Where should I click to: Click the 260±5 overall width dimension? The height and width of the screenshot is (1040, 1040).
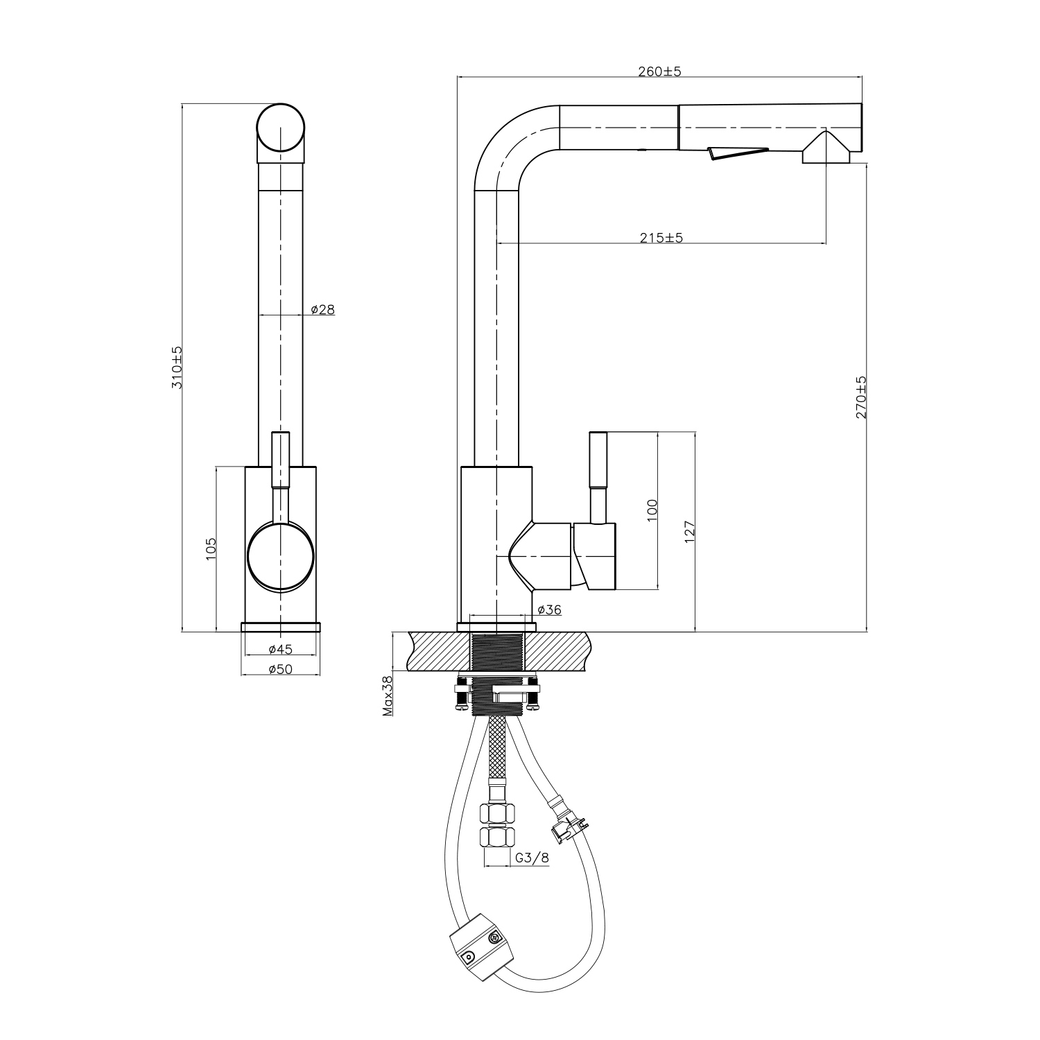pos(659,71)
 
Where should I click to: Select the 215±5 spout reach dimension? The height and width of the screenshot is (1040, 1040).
pos(661,238)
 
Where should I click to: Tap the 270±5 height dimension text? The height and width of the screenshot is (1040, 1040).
pos(861,398)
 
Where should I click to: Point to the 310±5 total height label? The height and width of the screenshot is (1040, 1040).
pos(177,367)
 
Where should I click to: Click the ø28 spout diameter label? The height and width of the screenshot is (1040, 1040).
pos(322,310)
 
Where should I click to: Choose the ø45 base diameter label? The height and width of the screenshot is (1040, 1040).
pos(281,650)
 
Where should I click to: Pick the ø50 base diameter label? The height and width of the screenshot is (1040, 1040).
pos(281,668)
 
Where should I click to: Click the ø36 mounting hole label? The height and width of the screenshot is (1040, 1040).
pos(549,610)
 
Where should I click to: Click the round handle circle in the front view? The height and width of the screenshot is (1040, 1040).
pos(281,557)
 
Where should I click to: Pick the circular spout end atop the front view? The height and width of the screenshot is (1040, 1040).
pos(281,128)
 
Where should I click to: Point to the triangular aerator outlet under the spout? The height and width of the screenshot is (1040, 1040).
pos(826,149)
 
